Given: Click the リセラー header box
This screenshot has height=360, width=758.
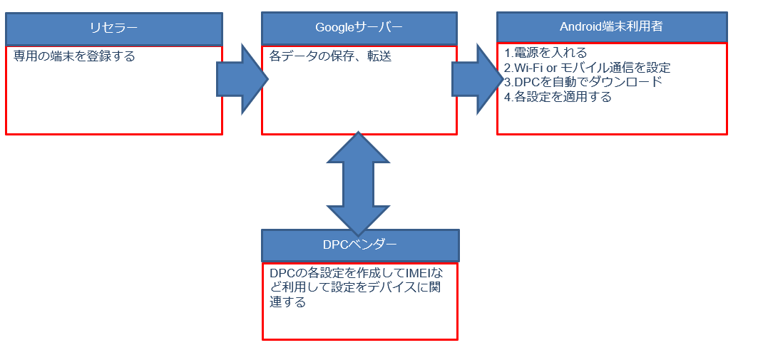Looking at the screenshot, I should click(x=114, y=29).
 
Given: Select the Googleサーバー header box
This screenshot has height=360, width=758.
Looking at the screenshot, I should click(x=359, y=29).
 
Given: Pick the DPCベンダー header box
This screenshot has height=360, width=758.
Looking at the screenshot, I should click(x=360, y=245).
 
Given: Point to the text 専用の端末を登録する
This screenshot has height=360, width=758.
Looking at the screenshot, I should click(x=74, y=56).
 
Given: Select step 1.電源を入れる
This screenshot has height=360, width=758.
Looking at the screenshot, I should click(x=546, y=53).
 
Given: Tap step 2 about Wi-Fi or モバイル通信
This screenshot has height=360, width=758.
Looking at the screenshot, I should click(x=587, y=68).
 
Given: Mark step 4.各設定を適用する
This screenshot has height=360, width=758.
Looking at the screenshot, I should click(x=558, y=97).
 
